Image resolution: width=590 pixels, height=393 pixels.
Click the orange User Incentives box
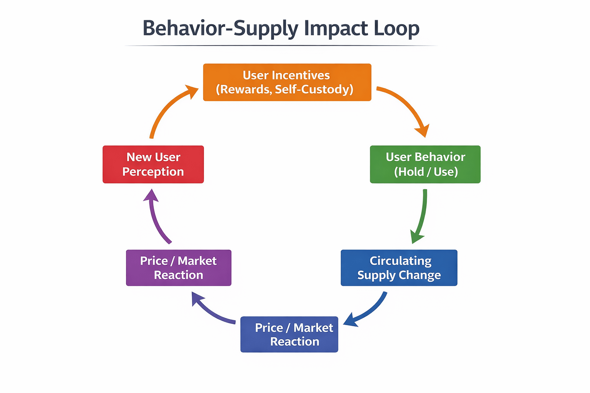point(287,82)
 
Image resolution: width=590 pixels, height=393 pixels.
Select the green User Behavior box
point(425,164)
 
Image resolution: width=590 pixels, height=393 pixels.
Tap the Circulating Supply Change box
point(399,268)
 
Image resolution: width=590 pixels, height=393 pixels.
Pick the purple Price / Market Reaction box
point(179,268)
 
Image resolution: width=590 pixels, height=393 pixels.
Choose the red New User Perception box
point(153,164)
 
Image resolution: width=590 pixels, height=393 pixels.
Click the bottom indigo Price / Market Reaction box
point(289,334)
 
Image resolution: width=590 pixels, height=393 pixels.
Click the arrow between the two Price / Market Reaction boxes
point(211,311)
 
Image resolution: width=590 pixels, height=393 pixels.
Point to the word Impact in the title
point(331,28)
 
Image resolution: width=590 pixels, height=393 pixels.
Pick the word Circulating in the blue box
point(401,261)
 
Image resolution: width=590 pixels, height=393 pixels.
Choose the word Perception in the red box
point(153,172)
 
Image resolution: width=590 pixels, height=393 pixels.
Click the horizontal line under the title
point(280,46)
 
